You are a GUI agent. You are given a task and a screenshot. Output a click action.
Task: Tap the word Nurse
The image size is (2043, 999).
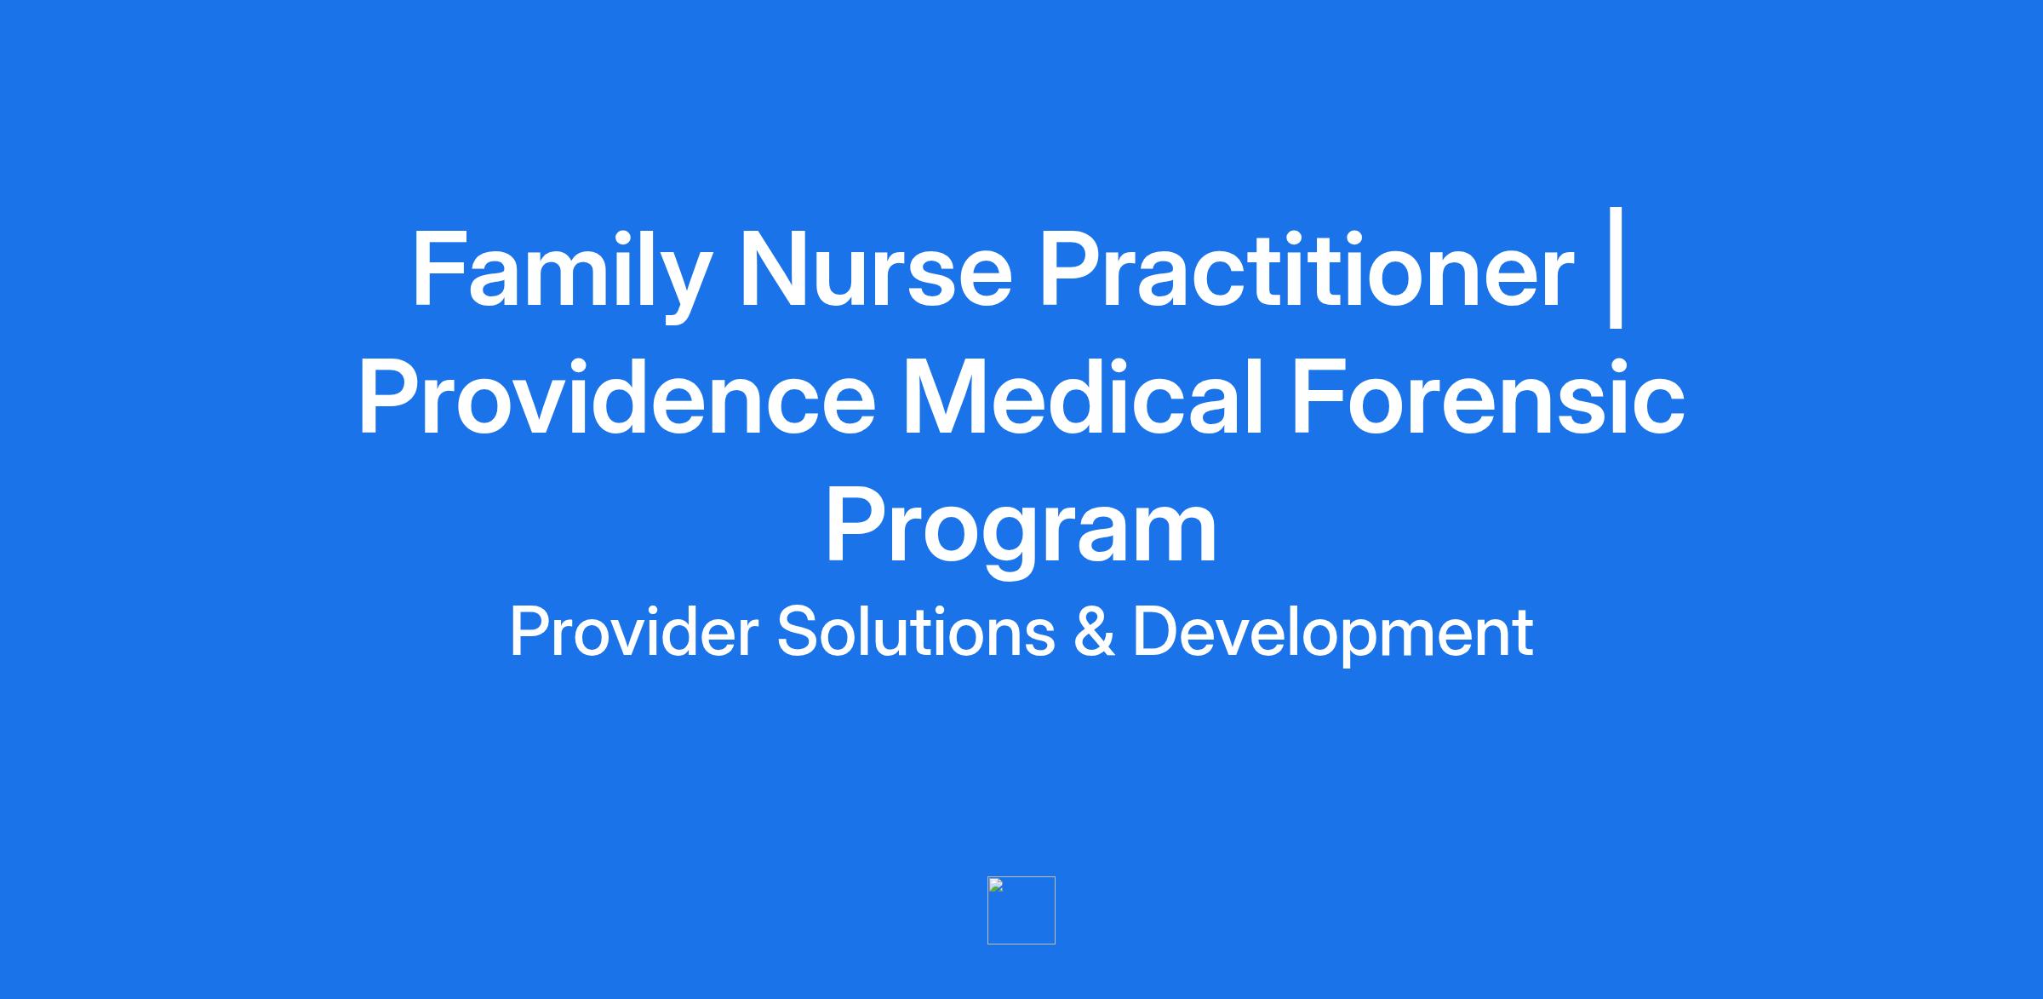tap(877, 270)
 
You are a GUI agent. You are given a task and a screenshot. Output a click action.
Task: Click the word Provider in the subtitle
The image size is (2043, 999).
tap(633, 632)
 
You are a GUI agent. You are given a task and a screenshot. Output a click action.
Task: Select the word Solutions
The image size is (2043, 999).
tap(916, 632)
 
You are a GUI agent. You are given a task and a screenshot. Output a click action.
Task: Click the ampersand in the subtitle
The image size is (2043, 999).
tap(1094, 632)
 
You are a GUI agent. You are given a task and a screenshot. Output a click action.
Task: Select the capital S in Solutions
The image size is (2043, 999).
tap(798, 632)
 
